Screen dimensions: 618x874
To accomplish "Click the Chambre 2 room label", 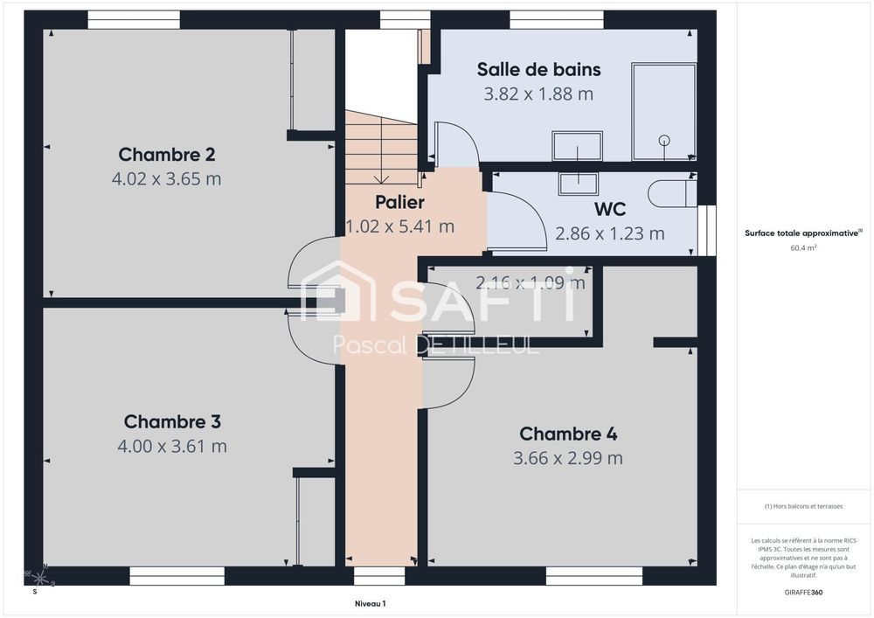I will pos(167,155).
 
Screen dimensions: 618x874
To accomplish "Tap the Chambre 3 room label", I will pos(172,422).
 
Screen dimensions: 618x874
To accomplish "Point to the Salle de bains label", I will pos(538,70).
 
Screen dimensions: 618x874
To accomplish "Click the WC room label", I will pos(610,211).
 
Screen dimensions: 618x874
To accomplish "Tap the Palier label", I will pos(399,203).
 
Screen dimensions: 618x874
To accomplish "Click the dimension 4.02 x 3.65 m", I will pos(167,179).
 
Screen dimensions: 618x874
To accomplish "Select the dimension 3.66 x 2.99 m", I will pos(568,458).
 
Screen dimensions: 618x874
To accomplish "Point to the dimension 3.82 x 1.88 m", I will pos(538,94).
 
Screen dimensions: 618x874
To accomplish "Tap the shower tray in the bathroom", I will pos(663,111).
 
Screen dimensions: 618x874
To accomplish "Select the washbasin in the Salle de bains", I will pos(577,145).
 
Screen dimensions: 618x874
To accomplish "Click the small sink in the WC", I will pos(578,183).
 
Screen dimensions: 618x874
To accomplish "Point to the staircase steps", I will pos(381,149).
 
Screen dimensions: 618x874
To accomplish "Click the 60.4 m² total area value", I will pos(803,248).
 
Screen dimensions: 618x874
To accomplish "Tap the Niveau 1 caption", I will pos(370,603).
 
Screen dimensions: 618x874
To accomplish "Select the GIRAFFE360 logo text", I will pos(803,592).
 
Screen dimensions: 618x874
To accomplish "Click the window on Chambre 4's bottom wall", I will pos(593,576).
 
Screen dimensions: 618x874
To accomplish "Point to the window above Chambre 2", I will pos(134,19).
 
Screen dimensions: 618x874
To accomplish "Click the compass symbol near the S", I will pos(40,577).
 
